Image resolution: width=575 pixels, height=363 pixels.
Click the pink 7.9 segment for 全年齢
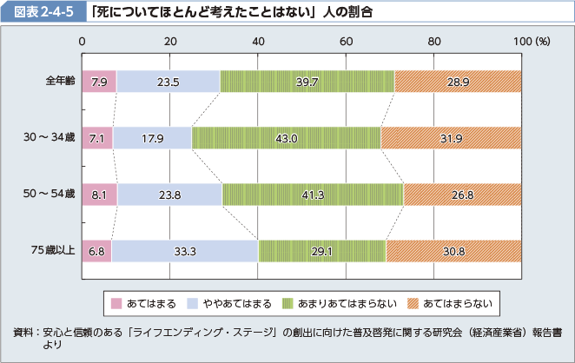(98, 82)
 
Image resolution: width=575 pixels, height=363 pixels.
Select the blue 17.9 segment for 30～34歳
(152, 138)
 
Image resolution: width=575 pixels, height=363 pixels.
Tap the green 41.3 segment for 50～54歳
(313, 195)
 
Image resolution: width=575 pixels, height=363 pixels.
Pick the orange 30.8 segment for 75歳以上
(453, 251)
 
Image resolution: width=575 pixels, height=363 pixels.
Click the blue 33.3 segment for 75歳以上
(184, 251)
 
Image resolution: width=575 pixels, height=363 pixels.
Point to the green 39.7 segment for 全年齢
(307, 82)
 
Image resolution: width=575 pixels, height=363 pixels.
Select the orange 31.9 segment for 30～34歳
(451, 138)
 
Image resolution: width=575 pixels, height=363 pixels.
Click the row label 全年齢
(61, 82)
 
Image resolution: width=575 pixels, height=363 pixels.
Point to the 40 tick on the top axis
(258, 41)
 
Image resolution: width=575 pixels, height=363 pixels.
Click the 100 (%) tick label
(532, 41)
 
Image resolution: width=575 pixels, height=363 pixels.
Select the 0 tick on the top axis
(82, 41)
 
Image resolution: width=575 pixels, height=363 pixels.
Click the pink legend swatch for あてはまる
(116, 304)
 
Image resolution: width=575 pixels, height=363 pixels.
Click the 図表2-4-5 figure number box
(36, 11)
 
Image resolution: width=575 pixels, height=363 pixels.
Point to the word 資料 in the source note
(23, 333)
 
